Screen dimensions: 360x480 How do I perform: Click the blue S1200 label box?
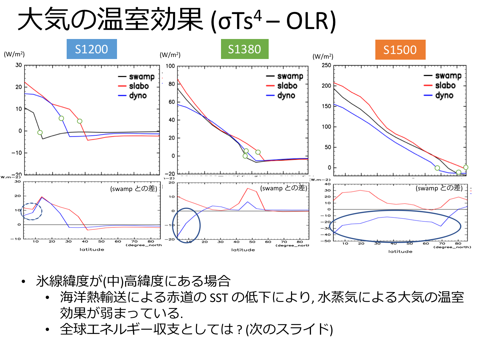(x=92, y=49)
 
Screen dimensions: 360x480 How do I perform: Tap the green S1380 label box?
(x=245, y=49)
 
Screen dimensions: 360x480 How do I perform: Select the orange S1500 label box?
(x=400, y=50)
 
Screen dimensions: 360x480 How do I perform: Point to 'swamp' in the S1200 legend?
(x=142, y=77)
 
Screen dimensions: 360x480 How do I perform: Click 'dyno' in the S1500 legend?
(x=444, y=95)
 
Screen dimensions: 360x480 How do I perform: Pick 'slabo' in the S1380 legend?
(x=287, y=86)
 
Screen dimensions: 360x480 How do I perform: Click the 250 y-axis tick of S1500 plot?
(x=326, y=65)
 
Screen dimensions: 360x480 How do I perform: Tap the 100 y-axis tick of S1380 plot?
(x=170, y=66)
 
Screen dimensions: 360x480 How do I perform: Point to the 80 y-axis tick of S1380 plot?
(x=172, y=84)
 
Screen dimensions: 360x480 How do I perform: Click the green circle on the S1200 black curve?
(x=40, y=133)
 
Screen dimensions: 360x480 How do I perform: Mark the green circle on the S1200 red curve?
(x=80, y=121)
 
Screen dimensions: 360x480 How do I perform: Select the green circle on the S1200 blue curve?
(x=61, y=118)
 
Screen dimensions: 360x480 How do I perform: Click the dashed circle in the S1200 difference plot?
(x=32, y=211)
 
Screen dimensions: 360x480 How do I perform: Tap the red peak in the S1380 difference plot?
(x=248, y=189)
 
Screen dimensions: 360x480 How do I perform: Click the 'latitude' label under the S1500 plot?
(x=400, y=252)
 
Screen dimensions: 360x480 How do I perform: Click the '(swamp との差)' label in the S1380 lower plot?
(x=284, y=188)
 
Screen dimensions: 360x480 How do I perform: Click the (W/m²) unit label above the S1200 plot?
(x=14, y=54)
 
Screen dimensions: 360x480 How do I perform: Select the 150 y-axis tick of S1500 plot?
(x=326, y=106)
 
